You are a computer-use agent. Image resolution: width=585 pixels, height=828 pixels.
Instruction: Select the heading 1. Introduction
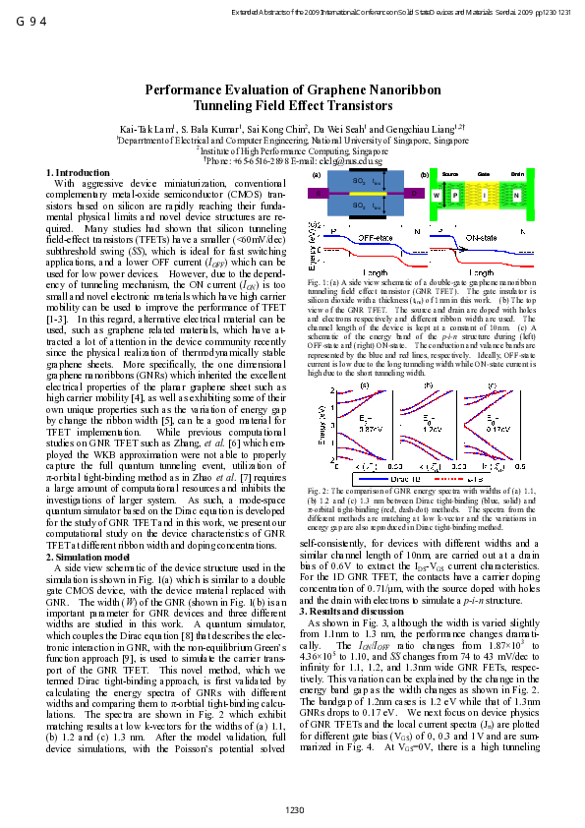coord(79,173)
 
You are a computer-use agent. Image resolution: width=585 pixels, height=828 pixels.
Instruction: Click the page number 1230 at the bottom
coord(292,809)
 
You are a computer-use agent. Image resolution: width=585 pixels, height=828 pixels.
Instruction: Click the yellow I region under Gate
coord(485,196)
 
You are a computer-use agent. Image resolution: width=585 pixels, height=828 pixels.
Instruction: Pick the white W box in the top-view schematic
coord(436,196)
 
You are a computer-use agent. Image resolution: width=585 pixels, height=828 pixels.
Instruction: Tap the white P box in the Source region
coord(454,196)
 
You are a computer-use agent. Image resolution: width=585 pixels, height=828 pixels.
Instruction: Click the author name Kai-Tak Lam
coord(145,129)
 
